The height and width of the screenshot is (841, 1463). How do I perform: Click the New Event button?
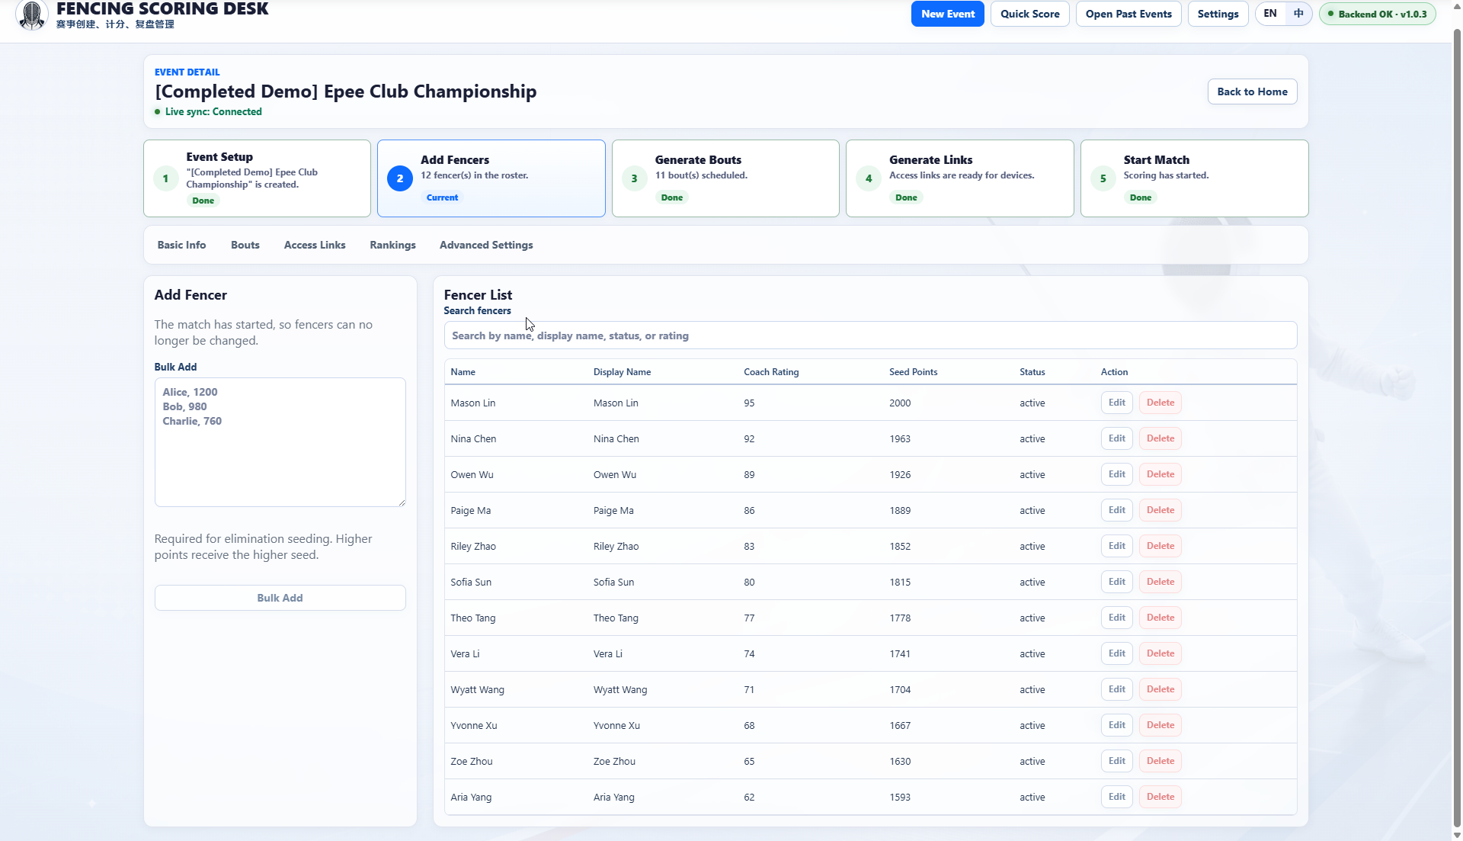tap(947, 14)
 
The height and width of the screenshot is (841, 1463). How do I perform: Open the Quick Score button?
tap(1029, 14)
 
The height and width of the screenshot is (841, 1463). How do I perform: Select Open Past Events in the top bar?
tap(1128, 14)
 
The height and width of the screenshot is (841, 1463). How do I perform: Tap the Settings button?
tap(1218, 14)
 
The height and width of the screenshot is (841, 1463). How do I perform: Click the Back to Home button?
tap(1252, 91)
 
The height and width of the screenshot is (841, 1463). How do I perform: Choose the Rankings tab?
tap(392, 245)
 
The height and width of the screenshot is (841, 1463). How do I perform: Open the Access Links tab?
tap(315, 245)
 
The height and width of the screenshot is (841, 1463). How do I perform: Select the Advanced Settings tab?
tap(486, 245)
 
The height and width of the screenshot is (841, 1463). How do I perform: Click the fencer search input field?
tap(870, 335)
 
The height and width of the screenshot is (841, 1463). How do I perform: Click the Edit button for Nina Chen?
tap(1116, 438)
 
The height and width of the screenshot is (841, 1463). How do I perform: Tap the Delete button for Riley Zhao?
tap(1160, 546)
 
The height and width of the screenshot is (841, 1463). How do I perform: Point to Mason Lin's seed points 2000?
tap(900, 403)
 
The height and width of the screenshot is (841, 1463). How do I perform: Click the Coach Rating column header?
tap(771, 372)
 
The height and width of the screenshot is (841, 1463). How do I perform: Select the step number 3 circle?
tap(634, 178)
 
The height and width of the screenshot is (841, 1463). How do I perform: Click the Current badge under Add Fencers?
tap(442, 197)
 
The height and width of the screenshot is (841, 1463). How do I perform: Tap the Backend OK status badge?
tap(1377, 14)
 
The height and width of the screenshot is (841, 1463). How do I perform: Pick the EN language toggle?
tap(1269, 14)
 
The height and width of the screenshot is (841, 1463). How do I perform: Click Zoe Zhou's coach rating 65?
tap(749, 761)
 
